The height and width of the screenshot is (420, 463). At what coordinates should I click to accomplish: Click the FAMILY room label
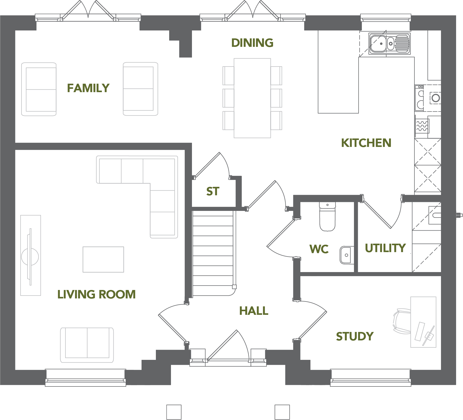[x=88, y=88]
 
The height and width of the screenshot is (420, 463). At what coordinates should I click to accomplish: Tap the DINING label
[x=252, y=43]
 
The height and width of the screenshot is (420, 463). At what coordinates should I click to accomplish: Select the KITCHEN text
[x=366, y=143]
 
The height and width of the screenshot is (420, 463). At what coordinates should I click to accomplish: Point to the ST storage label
[x=213, y=191]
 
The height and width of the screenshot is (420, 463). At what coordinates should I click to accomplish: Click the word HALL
[x=254, y=311]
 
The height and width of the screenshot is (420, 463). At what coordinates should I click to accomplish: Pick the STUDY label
[x=355, y=336]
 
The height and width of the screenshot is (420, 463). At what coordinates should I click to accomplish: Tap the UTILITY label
[x=385, y=248]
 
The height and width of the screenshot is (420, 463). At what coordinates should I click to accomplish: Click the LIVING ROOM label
[x=96, y=294]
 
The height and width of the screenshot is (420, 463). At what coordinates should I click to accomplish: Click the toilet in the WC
[x=327, y=217]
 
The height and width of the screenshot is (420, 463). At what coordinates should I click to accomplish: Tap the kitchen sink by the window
[x=390, y=44]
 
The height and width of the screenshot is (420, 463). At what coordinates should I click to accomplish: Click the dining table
[x=252, y=98]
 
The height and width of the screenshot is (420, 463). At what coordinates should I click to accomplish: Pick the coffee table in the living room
[x=103, y=260]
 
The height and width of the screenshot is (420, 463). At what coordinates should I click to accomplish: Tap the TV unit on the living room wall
[x=30, y=255]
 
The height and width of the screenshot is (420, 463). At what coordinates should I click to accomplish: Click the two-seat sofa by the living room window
[x=87, y=345]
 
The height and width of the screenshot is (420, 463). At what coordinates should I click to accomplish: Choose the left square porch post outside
[x=174, y=412]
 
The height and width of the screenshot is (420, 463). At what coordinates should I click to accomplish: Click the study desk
[x=423, y=322]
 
